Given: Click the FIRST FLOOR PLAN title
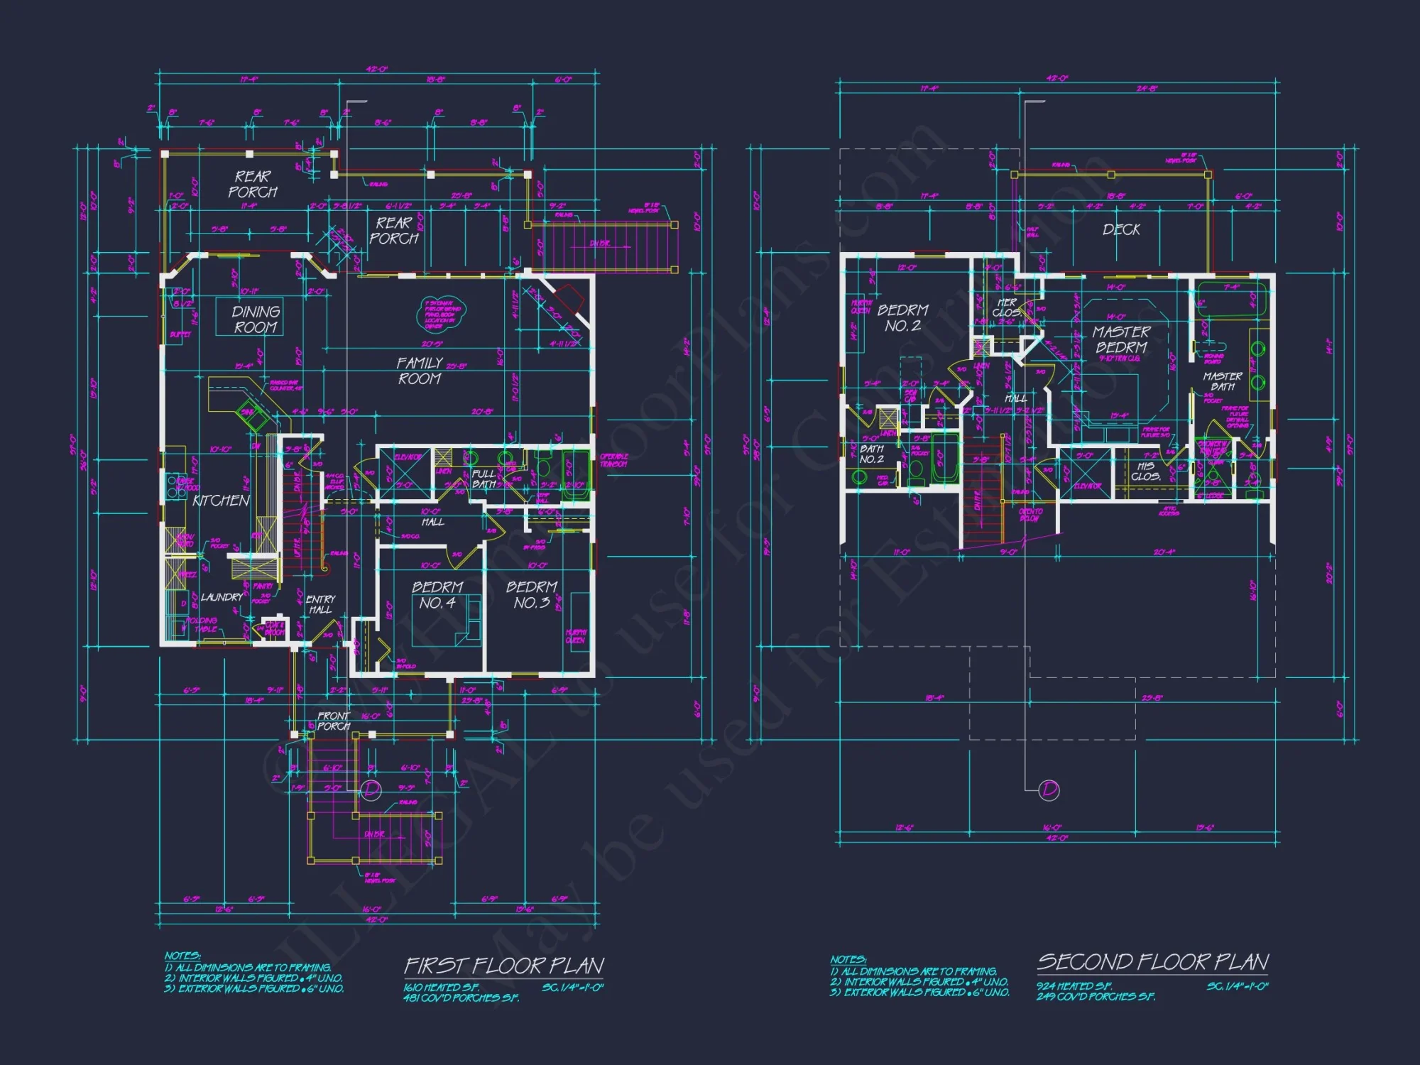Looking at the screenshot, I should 504,966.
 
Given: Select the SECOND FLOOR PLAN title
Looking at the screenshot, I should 1152,962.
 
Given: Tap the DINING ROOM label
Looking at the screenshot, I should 256,319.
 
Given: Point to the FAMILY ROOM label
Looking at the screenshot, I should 419,371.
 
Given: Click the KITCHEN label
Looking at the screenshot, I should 221,501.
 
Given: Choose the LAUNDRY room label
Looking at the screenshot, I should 222,597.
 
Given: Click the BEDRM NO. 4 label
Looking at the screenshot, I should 437,595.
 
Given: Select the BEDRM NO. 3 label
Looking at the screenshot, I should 531,595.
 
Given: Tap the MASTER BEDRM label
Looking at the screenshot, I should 1121,339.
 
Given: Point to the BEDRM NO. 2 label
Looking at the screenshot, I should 902,317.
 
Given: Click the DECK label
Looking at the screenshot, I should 1121,229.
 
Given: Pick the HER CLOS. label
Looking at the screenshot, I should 1006,307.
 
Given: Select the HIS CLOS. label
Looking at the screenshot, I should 1145,471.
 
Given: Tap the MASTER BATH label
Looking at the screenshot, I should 1222,381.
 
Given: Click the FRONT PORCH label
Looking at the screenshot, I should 333,721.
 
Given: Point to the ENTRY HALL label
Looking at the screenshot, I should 320,604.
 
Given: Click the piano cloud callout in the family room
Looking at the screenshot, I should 442,313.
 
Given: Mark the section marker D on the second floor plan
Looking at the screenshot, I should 1049,790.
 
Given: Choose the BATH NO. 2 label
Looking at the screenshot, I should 871,454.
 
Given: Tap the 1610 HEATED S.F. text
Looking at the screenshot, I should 442,988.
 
